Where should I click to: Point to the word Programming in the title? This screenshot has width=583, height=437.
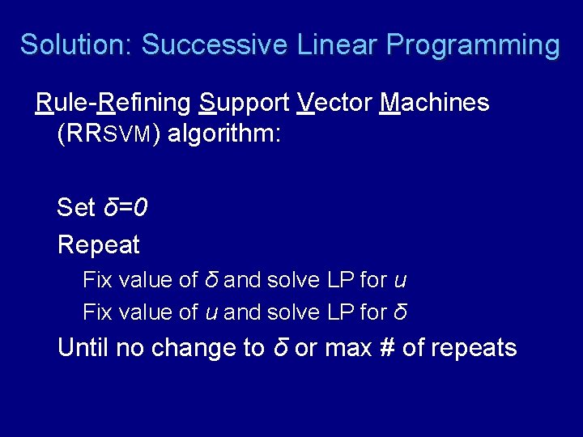click(473, 45)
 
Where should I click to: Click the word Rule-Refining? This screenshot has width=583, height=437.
click(114, 104)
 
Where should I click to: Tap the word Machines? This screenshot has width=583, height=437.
click(434, 104)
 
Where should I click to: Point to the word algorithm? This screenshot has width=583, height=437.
click(222, 134)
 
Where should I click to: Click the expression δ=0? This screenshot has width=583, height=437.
click(126, 208)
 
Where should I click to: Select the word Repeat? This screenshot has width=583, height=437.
click(99, 244)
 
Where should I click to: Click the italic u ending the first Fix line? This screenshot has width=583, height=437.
click(400, 281)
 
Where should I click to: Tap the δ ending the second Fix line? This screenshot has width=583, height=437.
click(400, 312)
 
